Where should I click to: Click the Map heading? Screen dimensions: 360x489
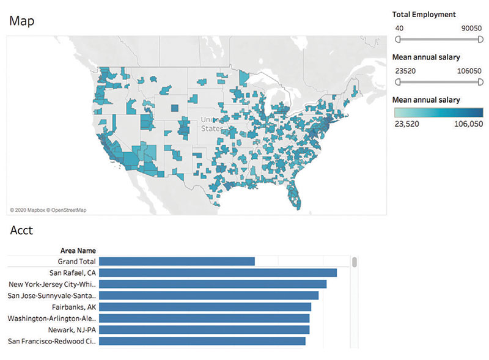coord(21,21)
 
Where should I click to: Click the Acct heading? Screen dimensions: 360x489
coord(21,230)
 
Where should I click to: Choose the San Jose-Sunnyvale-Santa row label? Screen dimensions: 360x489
coord(52,296)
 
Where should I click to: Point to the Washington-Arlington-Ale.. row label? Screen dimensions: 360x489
coord(52,318)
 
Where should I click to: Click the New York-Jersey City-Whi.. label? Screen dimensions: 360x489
coord(53,284)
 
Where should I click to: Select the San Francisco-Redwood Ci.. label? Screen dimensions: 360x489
coord(52,341)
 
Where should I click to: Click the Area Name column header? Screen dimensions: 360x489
coord(78,251)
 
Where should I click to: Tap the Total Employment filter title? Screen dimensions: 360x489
coord(425,14)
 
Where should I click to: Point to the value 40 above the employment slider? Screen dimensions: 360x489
coord(399,28)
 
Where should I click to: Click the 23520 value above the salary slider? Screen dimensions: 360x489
coord(405,71)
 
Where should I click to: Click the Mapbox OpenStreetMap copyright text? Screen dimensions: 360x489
coord(48,210)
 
